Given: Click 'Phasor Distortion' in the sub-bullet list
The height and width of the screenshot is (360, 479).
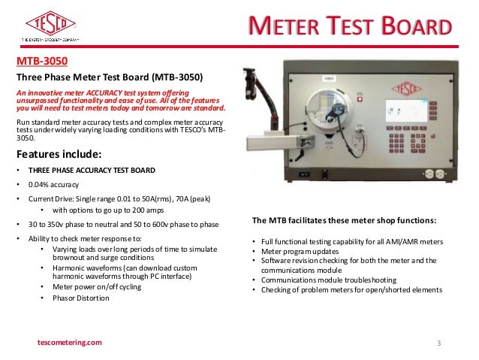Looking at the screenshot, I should point(80,298).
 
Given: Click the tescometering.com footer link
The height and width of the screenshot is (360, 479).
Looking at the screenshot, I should point(69,343).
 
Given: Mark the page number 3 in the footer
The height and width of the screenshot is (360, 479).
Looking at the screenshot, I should point(439,343).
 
